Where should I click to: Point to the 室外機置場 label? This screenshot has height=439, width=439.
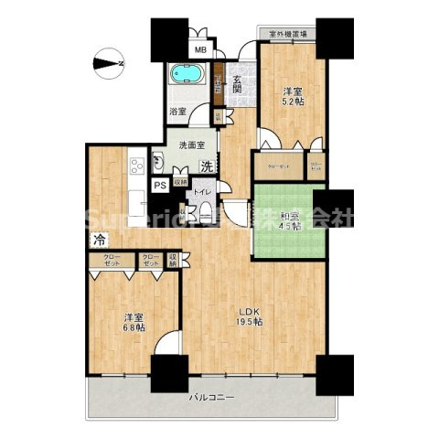287,35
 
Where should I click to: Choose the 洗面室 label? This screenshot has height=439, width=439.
191,145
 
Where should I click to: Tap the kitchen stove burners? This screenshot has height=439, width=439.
138,166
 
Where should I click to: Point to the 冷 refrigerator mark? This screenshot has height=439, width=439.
97,241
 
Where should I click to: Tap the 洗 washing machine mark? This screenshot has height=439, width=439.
207,166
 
